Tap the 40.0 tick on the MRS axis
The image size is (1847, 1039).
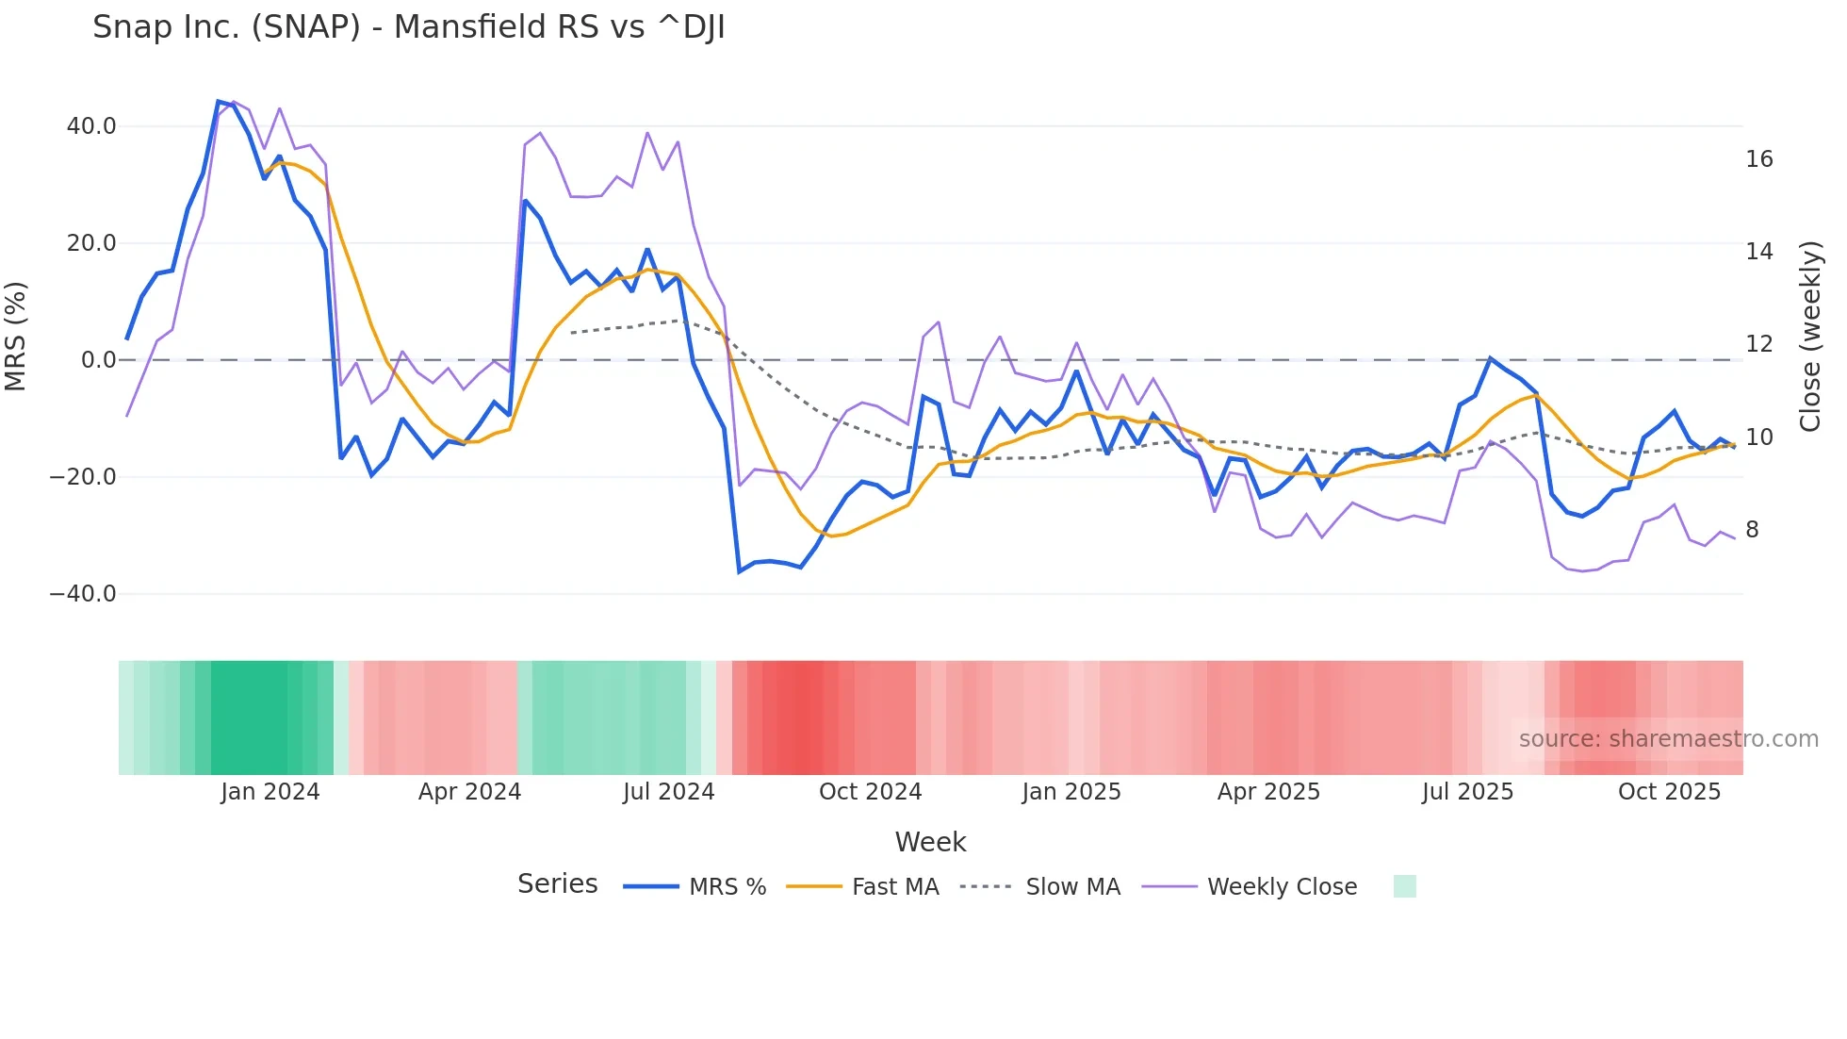(x=90, y=126)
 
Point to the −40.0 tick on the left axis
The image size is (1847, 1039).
(x=83, y=594)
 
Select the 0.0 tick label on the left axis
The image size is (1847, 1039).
(x=98, y=360)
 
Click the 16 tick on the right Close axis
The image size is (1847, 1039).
(x=1758, y=159)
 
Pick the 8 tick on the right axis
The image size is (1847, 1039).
(x=1752, y=530)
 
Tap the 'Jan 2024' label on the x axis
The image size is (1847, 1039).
(x=270, y=792)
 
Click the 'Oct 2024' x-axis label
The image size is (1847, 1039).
(x=870, y=792)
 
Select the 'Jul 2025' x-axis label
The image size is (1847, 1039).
(x=1467, y=792)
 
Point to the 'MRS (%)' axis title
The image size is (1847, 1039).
(x=16, y=337)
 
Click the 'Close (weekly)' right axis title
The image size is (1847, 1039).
(x=1809, y=337)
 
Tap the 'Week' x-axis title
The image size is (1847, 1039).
(x=930, y=842)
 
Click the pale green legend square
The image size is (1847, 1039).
(x=1404, y=886)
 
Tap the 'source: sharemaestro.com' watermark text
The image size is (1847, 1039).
(x=1668, y=739)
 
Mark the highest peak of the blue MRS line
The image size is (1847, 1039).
(x=218, y=101)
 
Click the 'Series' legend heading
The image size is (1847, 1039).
(x=557, y=884)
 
